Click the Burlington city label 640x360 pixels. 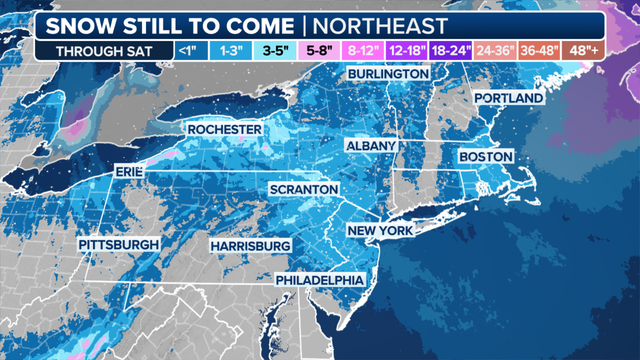[x=388, y=76]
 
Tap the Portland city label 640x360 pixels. [x=508, y=99]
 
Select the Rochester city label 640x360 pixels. [x=225, y=131]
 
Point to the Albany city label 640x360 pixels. [x=372, y=146]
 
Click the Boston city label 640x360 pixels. [x=485, y=158]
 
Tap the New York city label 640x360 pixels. [x=380, y=231]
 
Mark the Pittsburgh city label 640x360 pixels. [x=119, y=245]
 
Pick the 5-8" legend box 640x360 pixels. [x=317, y=48]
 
